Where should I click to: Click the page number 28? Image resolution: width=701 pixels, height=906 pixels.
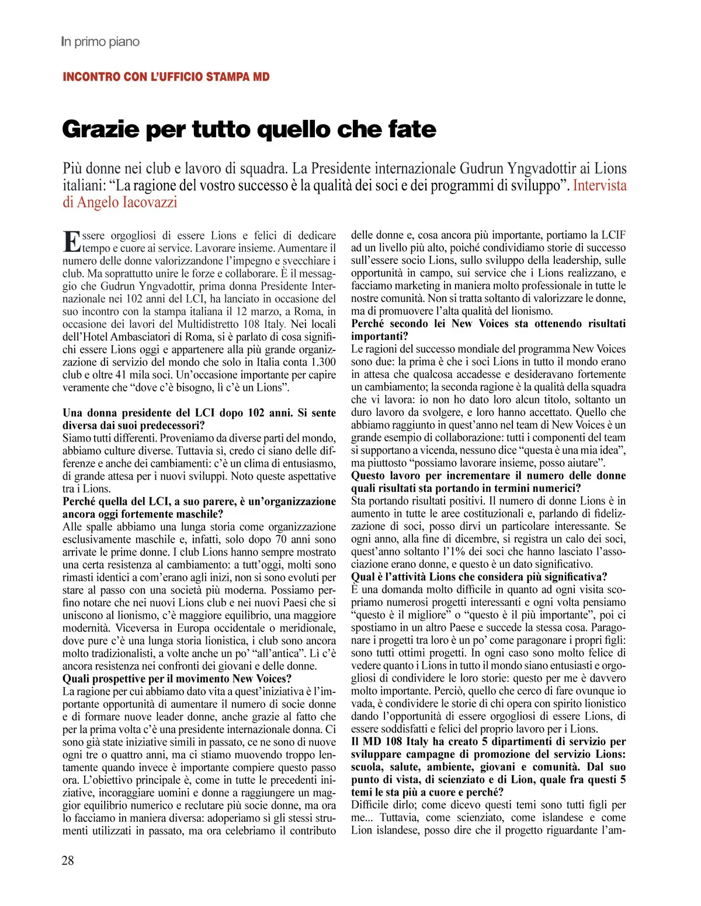[x=68, y=860]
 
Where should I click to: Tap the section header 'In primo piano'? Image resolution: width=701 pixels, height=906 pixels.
[x=100, y=42]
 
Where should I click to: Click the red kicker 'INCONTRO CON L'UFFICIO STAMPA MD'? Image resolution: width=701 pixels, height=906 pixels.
[x=166, y=77]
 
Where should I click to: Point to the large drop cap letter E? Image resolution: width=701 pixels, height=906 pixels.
[x=71, y=242]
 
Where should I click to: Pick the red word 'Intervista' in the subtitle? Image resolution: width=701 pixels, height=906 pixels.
[x=599, y=186]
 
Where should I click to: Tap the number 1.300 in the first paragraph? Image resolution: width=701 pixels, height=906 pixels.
[x=322, y=362]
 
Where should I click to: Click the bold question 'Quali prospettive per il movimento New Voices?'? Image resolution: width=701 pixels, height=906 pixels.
[x=177, y=679]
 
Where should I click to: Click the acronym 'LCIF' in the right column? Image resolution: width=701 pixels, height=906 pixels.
[x=613, y=235]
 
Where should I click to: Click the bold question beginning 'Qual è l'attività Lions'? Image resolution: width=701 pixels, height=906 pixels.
[x=479, y=577]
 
